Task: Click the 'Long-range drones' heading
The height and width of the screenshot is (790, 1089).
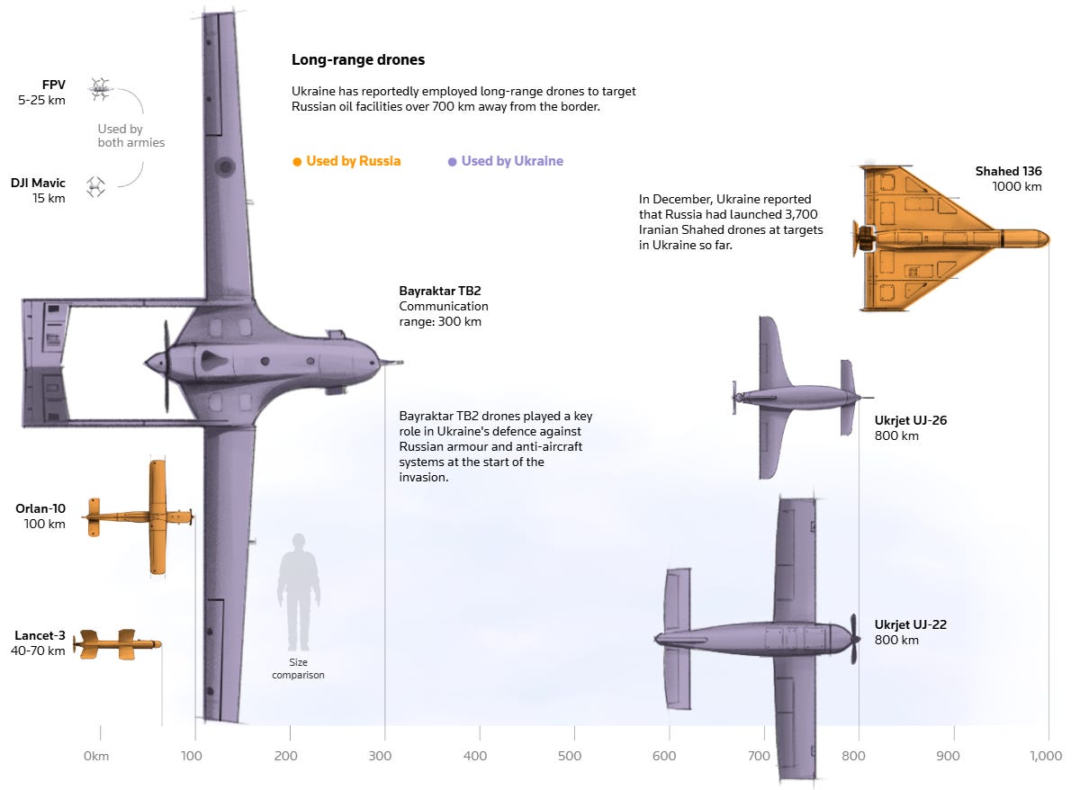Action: (x=358, y=60)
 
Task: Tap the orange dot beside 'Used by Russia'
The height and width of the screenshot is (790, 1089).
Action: (x=297, y=162)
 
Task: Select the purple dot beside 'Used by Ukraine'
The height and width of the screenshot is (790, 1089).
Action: (x=452, y=162)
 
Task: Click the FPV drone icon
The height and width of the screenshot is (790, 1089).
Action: (x=100, y=87)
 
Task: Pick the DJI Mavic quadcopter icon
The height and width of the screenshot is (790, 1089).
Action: (x=95, y=187)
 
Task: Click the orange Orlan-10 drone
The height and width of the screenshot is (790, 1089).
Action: (x=144, y=516)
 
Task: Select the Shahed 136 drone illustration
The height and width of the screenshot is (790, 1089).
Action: (x=936, y=238)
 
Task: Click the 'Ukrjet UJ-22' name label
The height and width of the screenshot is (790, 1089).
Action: (x=910, y=624)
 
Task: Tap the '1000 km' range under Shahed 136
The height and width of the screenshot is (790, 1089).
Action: (x=1017, y=187)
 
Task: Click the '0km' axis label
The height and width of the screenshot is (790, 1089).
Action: (x=95, y=756)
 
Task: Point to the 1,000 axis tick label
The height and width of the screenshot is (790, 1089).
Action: (x=1045, y=756)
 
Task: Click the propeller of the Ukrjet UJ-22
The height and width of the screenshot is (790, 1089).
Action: (x=854, y=639)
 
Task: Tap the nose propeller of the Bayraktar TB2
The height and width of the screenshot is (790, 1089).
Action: (x=166, y=364)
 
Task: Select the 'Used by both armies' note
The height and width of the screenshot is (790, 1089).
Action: (x=131, y=136)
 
